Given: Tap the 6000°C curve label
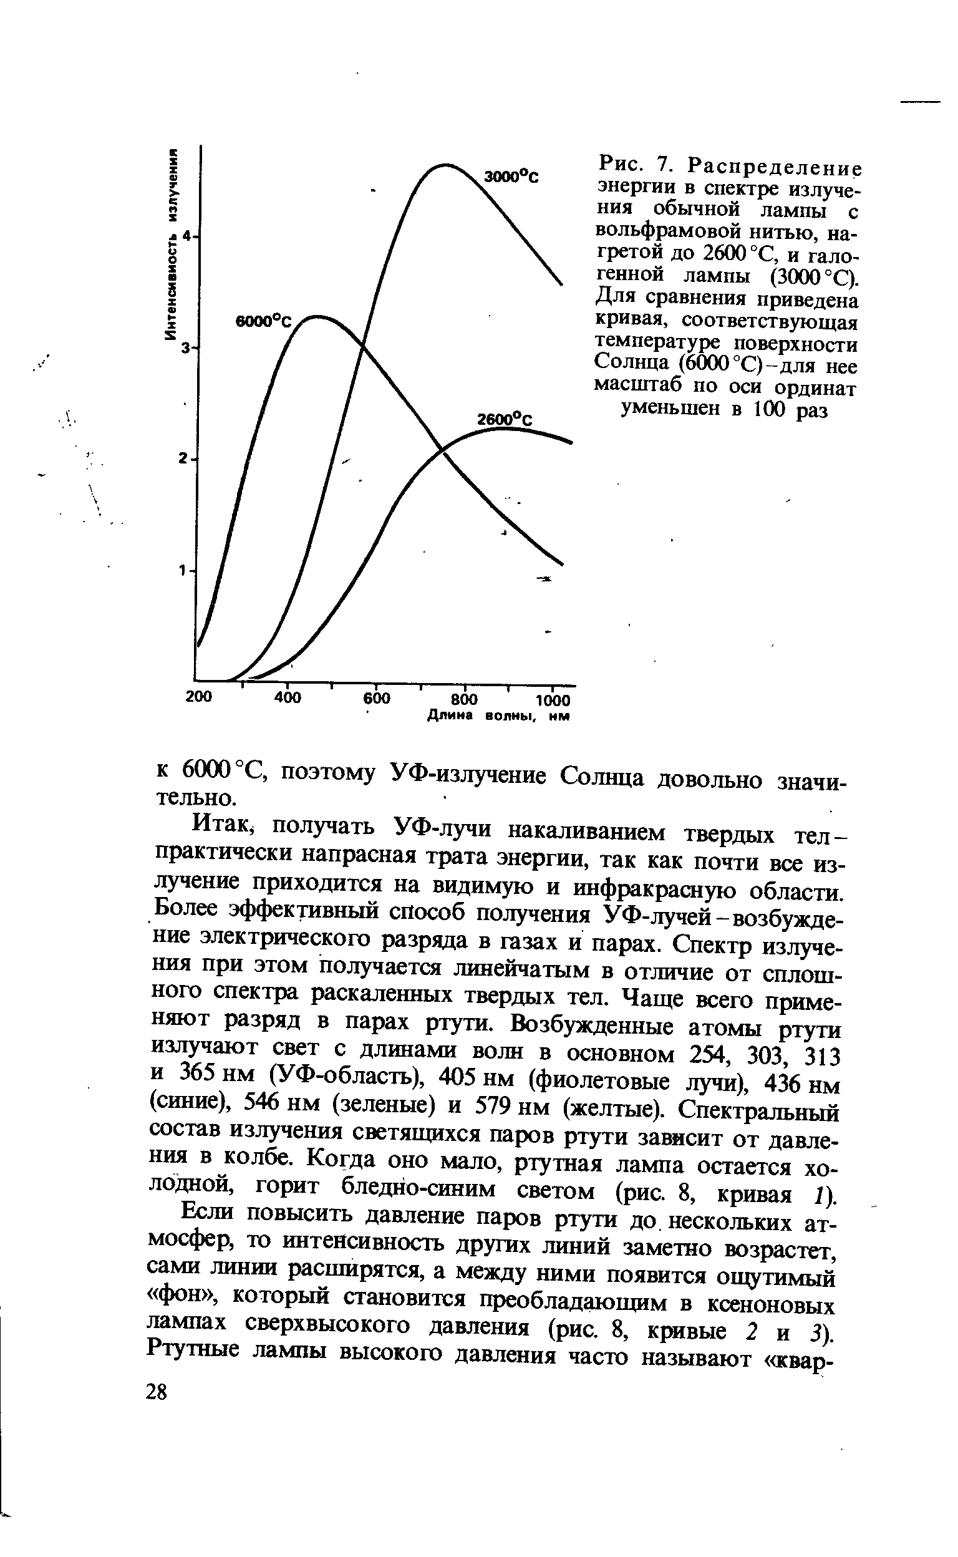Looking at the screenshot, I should click(262, 321).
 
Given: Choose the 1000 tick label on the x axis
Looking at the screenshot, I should click(553, 701).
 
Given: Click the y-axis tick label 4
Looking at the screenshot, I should click(186, 236).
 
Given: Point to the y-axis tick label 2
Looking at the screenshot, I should click(183, 458).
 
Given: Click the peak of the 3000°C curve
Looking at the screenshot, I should click(446, 165).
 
